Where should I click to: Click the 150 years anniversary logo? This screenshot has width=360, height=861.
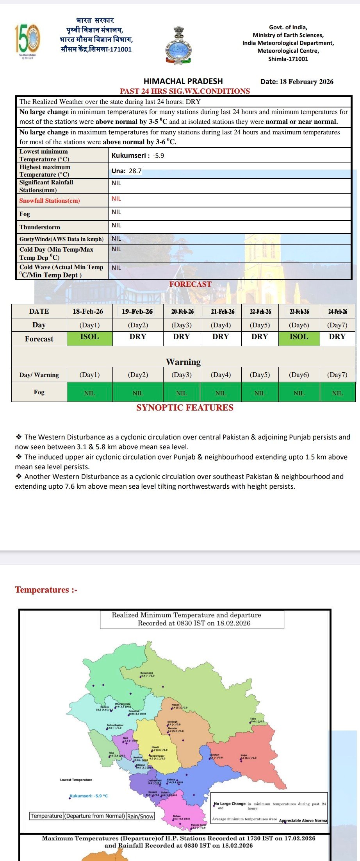click(27, 39)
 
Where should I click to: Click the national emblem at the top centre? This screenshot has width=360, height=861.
click(178, 46)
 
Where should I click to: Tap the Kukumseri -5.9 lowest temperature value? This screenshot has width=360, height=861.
click(138, 155)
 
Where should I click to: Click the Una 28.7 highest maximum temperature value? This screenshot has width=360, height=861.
click(127, 171)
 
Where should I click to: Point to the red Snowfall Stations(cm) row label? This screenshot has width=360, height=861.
click(50, 201)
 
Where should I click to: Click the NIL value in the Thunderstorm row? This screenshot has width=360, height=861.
click(116, 225)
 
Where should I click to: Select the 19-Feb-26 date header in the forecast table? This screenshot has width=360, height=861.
click(137, 311)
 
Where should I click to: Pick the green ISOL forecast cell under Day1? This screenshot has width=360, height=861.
click(89, 337)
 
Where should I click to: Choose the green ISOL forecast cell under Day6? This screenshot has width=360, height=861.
click(299, 337)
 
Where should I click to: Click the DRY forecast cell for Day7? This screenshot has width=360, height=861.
click(337, 337)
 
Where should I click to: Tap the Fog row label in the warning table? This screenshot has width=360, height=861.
click(39, 392)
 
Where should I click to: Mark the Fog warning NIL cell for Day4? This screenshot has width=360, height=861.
click(221, 393)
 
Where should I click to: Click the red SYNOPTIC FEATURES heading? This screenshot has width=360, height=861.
click(185, 408)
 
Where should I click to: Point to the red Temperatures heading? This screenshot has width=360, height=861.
click(46, 590)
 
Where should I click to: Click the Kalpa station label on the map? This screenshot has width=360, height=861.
click(244, 756)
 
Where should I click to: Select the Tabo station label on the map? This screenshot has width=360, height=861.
click(253, 719)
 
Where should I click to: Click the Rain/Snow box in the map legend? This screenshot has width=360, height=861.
click(141, 816)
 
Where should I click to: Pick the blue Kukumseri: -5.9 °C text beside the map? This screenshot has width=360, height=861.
click(89, 796)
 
